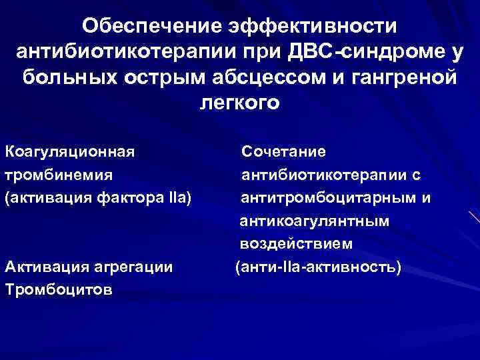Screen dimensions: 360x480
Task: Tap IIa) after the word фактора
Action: [179, 198]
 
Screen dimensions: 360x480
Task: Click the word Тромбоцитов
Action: [58, 291]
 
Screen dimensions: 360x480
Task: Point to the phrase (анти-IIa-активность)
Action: [318, 268]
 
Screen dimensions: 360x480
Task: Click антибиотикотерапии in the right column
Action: [323, 175]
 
